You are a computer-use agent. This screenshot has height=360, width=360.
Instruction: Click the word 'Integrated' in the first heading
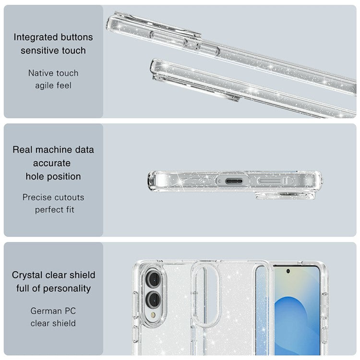point(36,37)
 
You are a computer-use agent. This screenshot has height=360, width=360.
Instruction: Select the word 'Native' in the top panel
point(40,73)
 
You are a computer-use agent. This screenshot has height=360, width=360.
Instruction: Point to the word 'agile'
point(44,86)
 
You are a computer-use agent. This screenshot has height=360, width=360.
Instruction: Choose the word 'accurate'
point(52,163)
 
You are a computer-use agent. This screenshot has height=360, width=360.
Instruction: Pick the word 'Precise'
point(37,197)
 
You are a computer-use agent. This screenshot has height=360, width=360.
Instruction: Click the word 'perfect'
point(48,210)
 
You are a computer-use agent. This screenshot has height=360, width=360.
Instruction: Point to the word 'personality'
point(67,288)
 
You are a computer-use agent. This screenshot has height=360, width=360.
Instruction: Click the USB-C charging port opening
point(234,181)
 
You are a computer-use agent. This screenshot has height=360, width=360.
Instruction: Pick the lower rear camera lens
point(154,300)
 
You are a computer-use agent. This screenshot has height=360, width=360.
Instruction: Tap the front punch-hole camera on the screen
point(288,271)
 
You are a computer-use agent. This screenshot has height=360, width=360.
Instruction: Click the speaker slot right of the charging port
point(270,181)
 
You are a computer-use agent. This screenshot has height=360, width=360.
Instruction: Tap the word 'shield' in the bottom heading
point(82,275)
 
